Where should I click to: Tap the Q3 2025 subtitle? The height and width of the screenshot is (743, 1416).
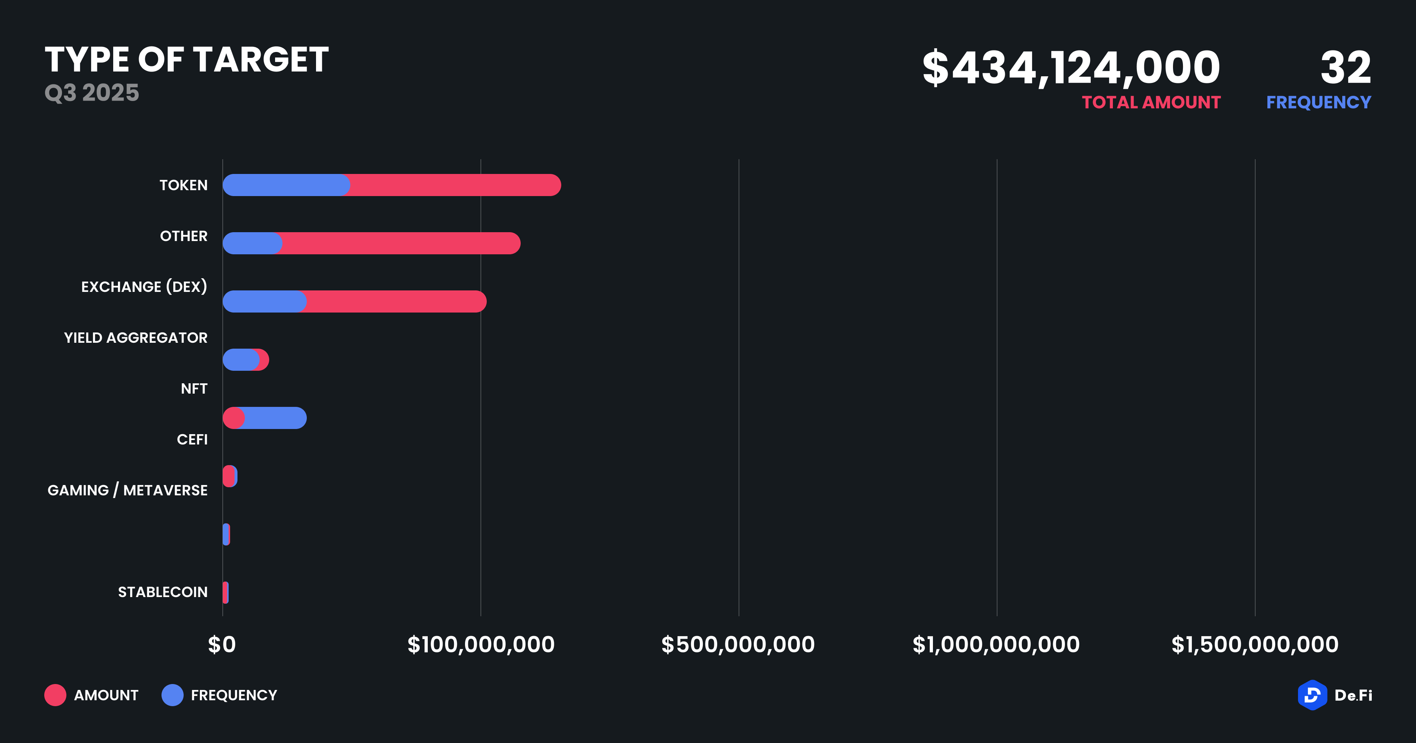(92, 93)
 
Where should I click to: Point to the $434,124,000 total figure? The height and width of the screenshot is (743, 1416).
(1071, 67)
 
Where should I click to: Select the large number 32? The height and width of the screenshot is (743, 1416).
(1346, 67)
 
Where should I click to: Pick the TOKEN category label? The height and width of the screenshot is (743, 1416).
(184, 185)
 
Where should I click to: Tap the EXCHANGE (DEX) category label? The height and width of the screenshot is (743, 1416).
(144, 287)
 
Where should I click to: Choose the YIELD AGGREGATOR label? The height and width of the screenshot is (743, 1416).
(136, 338)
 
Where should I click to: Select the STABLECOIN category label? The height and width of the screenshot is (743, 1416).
(163, 592)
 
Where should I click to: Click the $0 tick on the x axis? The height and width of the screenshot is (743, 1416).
(222, 645)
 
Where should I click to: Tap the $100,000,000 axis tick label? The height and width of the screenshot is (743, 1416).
(481, 645)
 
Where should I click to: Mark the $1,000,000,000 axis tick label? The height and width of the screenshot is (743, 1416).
(996, 645)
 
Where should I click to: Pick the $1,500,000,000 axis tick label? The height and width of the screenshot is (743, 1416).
(1255, 645)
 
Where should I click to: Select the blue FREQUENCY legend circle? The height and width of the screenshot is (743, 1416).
(173, 695)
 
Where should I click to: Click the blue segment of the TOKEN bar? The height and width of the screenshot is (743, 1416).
(286, 185)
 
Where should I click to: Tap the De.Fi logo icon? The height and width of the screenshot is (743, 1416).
(1312, 695)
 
